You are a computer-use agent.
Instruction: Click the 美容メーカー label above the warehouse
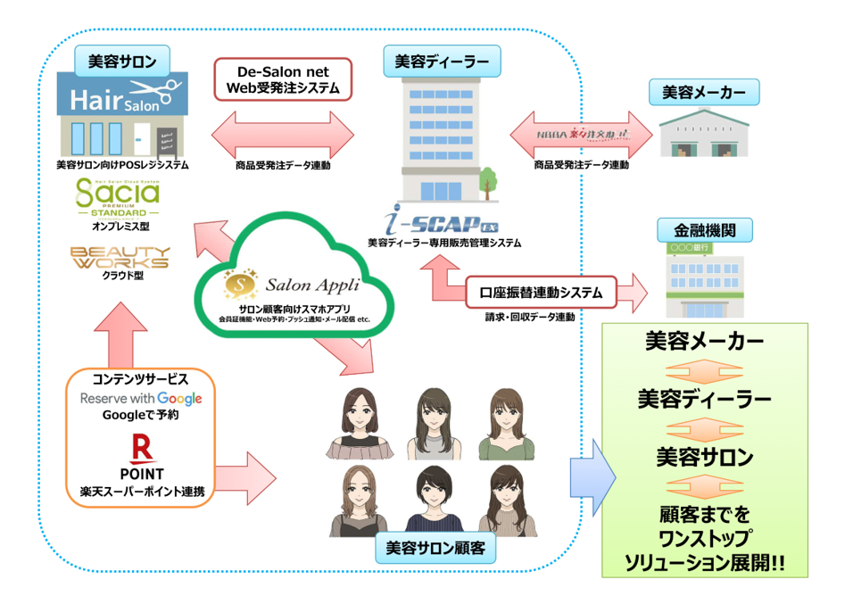click(x=705, y=92)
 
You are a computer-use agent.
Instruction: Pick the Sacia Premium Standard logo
click(x=119, y=198)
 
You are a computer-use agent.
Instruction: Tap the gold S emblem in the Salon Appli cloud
click(x=238, y=284)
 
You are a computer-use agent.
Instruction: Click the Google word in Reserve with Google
click(x=178, y=398)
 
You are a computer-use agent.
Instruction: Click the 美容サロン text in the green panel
click(x=705, y=456)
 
